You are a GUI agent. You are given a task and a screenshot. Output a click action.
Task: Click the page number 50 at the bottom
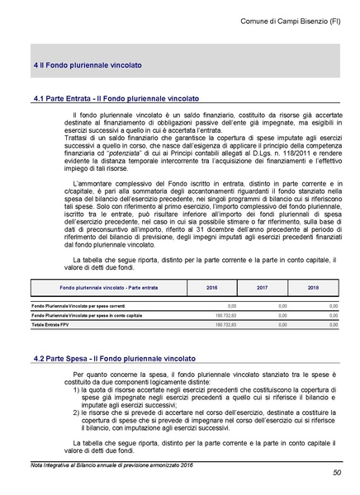[x=336, y=473]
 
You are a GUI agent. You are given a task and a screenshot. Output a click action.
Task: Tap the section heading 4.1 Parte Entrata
[x=116, y=97]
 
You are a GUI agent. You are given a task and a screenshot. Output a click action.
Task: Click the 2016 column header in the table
[x=211, y=288]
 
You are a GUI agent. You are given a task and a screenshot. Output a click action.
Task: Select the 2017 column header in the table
[x=262, y=288]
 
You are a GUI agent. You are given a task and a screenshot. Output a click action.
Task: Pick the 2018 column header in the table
[x=313, y=288]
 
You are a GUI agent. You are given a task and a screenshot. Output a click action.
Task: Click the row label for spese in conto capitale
[x=86, y=315]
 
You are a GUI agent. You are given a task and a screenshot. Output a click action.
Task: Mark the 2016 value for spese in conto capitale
[x=225, y=315]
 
